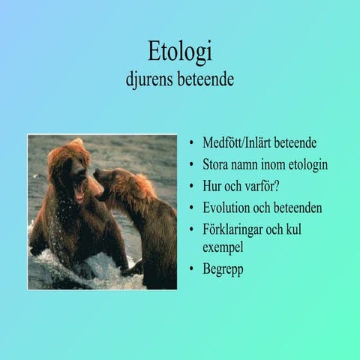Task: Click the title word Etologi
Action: (180, 52)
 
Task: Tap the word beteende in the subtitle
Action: (205, 78)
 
